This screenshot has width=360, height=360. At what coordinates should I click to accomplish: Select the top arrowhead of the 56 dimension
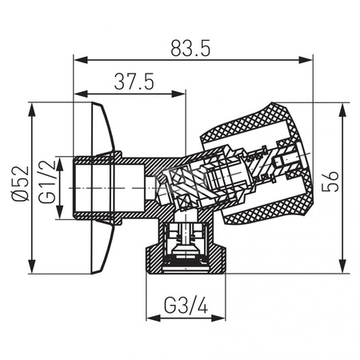pos(343,107)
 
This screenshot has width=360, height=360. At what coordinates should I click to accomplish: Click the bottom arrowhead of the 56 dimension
pos(343,270)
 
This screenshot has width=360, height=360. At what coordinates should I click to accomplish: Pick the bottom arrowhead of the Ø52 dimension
pos(32,270)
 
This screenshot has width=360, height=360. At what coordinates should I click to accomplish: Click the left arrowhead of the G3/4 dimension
pos(150,317)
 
